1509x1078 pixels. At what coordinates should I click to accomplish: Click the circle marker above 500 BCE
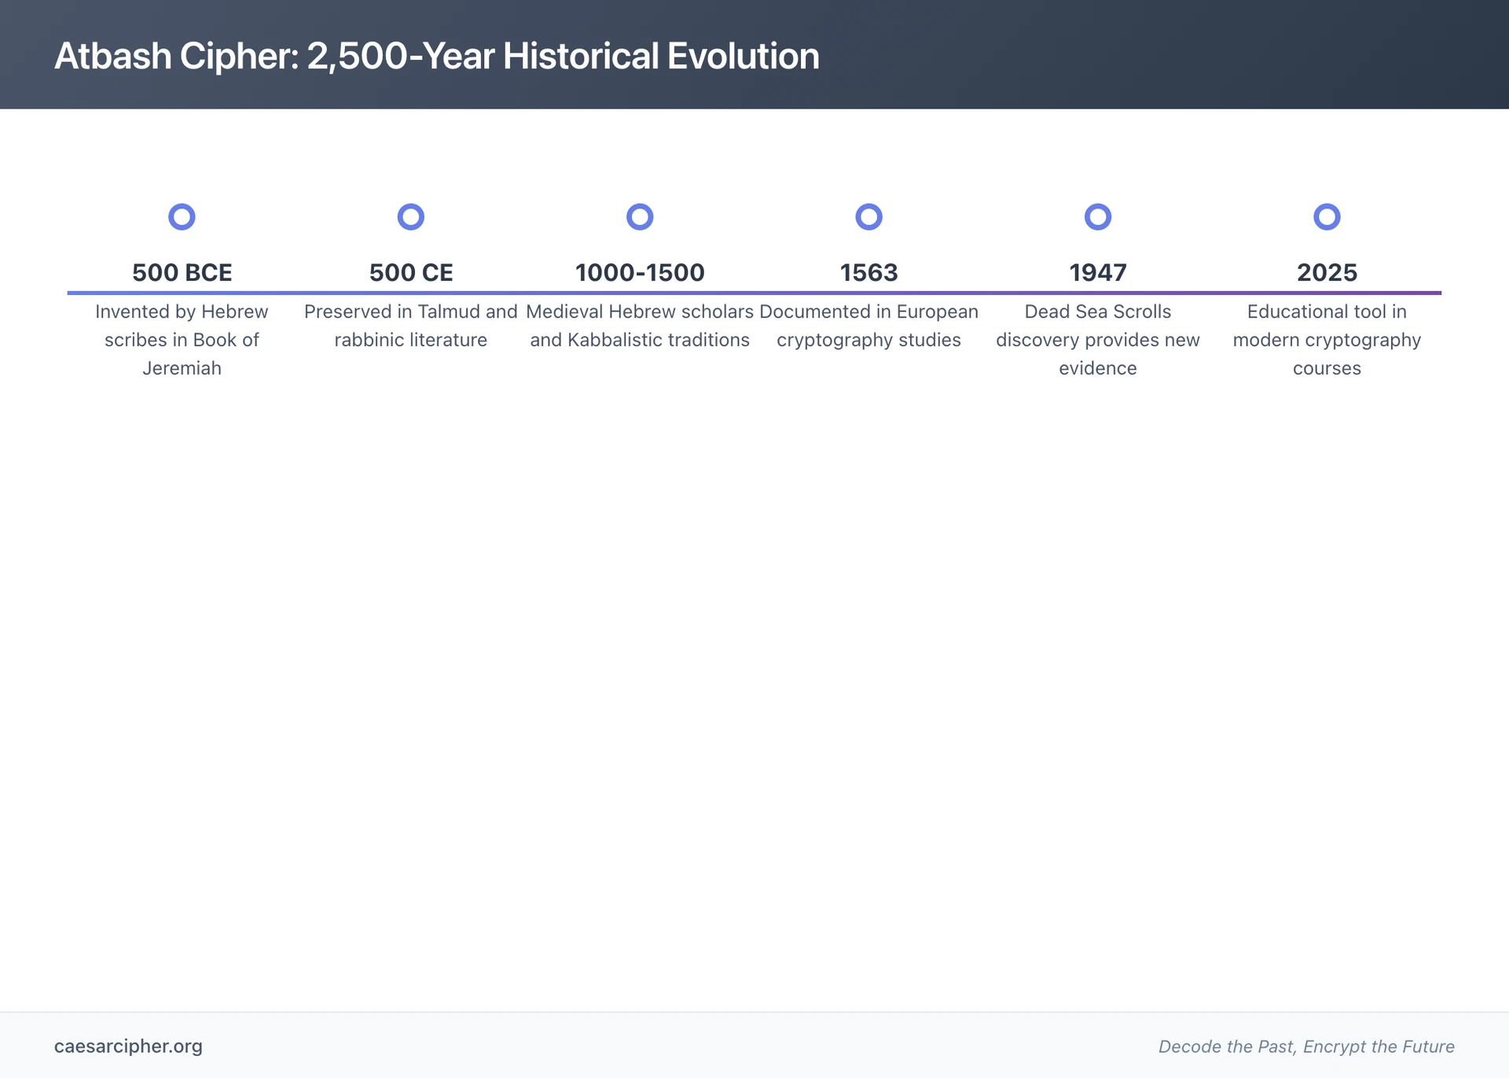tap(182, 216)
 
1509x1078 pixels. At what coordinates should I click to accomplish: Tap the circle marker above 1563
tap(868, 216)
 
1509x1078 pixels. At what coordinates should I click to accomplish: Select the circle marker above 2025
tap(1327, 216)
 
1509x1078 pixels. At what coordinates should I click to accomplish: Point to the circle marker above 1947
tap(1097, 216)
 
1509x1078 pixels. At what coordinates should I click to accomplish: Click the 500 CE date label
tap(411, 273)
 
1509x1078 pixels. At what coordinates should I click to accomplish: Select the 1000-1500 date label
tap(640, 273)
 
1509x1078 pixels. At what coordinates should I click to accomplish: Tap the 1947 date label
tap(1097, 273)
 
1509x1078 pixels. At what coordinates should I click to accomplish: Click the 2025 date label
tap(1327, 273)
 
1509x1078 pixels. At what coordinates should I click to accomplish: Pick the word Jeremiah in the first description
tap(182, 368)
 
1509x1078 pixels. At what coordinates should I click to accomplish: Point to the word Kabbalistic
tap(611, 340)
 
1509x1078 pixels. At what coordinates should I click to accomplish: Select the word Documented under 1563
tap(810, 311)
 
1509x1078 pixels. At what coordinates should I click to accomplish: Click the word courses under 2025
tap(1327, 368)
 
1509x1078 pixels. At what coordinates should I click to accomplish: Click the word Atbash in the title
tap(112, 57)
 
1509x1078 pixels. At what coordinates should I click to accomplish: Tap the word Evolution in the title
tap(743, 57)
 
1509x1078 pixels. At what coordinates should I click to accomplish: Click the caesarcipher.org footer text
tap(128, 1046)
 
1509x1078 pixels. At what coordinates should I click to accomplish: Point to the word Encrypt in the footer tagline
tap(1333, 1047)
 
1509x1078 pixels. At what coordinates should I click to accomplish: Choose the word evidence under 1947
tap(1097, 368)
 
